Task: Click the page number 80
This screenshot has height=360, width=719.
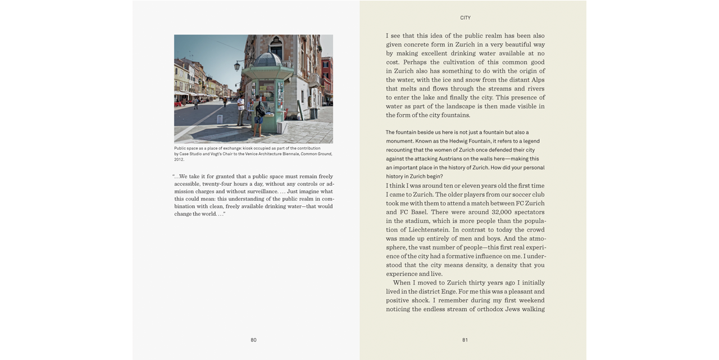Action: (x=253, y=340)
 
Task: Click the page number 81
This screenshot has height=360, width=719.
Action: (x=465, y=340)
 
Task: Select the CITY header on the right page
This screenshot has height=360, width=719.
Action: (x=465, y=18)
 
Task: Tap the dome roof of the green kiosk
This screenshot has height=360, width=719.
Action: (x=269, y=58)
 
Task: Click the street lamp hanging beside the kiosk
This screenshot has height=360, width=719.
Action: (x=237, y=66)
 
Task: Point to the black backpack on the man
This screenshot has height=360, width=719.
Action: (x=260, y=109)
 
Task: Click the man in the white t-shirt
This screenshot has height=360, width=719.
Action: (x=241, y=107)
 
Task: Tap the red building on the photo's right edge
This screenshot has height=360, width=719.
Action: (x=327, y=79)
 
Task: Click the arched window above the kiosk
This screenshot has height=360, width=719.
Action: (x=276, y=45)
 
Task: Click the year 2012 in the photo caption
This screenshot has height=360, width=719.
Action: (x=179, y=160)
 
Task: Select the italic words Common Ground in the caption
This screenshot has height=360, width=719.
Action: (x=316, y=154)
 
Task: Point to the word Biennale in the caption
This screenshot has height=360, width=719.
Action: (x=290, y=154)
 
